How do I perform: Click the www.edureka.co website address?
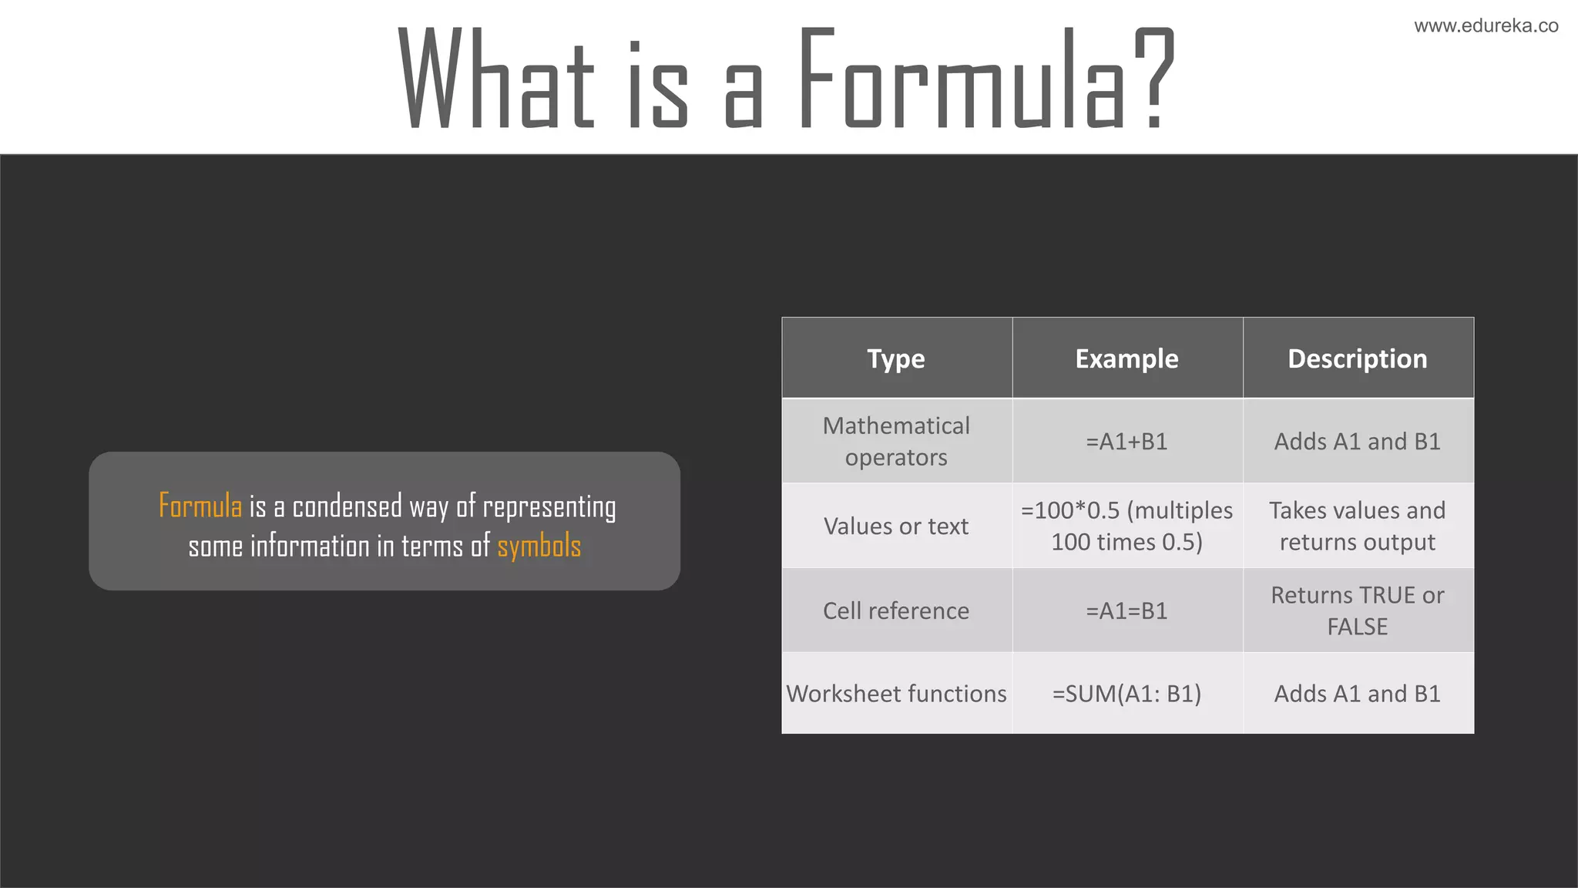(1486, 26)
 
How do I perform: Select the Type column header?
(896, 359)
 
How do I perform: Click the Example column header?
(1126, 359)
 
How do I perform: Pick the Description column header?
(1358, 359)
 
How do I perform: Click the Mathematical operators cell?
(896, 442)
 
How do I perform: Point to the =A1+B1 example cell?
(1126, 442)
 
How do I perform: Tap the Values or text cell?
(896, 526)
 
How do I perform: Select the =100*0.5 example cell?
(1126, 526)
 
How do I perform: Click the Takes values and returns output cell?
(1358, 526)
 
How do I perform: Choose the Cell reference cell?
(896, 611)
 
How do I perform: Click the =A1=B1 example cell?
(1126, 611)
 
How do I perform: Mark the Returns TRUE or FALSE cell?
(1358, 611)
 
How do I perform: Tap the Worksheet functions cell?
(896, 694)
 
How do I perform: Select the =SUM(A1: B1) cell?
(1126, 694)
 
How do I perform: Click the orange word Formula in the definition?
(200, 506)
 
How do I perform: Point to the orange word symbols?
(539, 547)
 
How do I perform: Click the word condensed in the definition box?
(347, 506)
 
